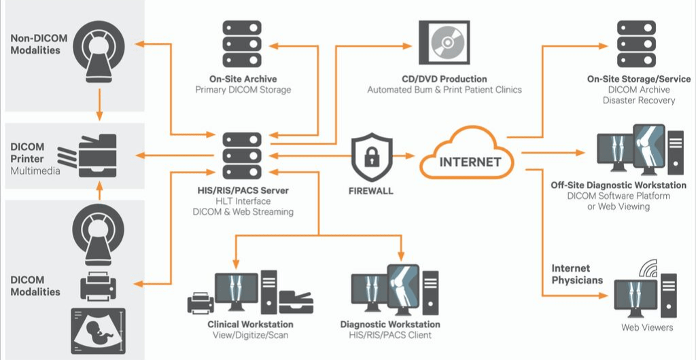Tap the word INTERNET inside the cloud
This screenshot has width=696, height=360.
pyautogui.click(x=470, y=162)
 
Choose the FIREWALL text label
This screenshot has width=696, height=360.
pyautogui.click(x=371, y=191)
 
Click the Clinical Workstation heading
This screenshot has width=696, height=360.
pyautogui.click(x=250, y=325)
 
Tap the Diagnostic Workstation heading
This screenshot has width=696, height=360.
pyautogui.click(x=390, y=325)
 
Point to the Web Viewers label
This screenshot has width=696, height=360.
pyautogui.click(x=647, y=327)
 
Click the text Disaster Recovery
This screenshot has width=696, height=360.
pyautogui.click(x=638, y=101)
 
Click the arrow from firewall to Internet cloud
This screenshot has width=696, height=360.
pyautogui.click(x=406, y=156)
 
